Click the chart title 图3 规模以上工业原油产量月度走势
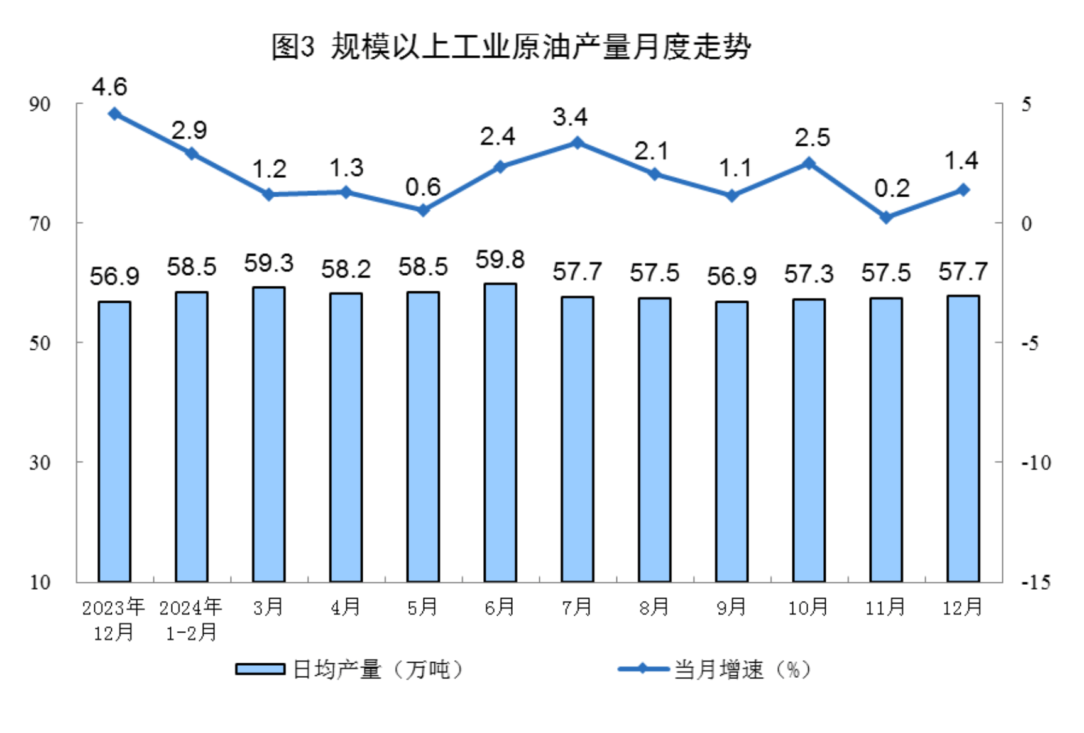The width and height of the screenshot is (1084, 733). click(x=510, y=46)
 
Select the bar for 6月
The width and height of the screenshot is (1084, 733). click(x=500, y=433)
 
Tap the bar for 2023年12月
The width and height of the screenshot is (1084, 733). click(x=114, y=442)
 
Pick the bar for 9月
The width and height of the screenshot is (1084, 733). click(x=731, y=442)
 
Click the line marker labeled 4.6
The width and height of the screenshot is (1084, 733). click(x=114, y=114)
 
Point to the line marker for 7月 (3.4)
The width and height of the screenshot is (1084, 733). click(x=578, y=143)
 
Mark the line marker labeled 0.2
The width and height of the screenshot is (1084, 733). click(x=886, y=217)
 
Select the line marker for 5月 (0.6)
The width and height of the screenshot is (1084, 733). click(x=423, y=210)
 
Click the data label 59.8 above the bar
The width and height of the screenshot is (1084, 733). click(x=500, y=259)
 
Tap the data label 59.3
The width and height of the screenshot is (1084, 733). click(x=268, y=263)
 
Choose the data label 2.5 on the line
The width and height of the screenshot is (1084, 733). click(x=813, y=138)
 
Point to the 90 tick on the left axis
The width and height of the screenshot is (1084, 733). click(x=40, y=104)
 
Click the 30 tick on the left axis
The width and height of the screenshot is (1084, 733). click(x=40, y=463)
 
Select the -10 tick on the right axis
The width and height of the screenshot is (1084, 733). click(x=1035, y=463)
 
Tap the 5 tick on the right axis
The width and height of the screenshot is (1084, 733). click(x=1026, y=104)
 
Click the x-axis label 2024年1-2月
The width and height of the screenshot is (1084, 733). click(x=191, y=619)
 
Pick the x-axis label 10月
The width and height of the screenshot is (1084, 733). click(x=808, y=607)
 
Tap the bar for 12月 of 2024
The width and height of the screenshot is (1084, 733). click(x=963, y=438)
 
